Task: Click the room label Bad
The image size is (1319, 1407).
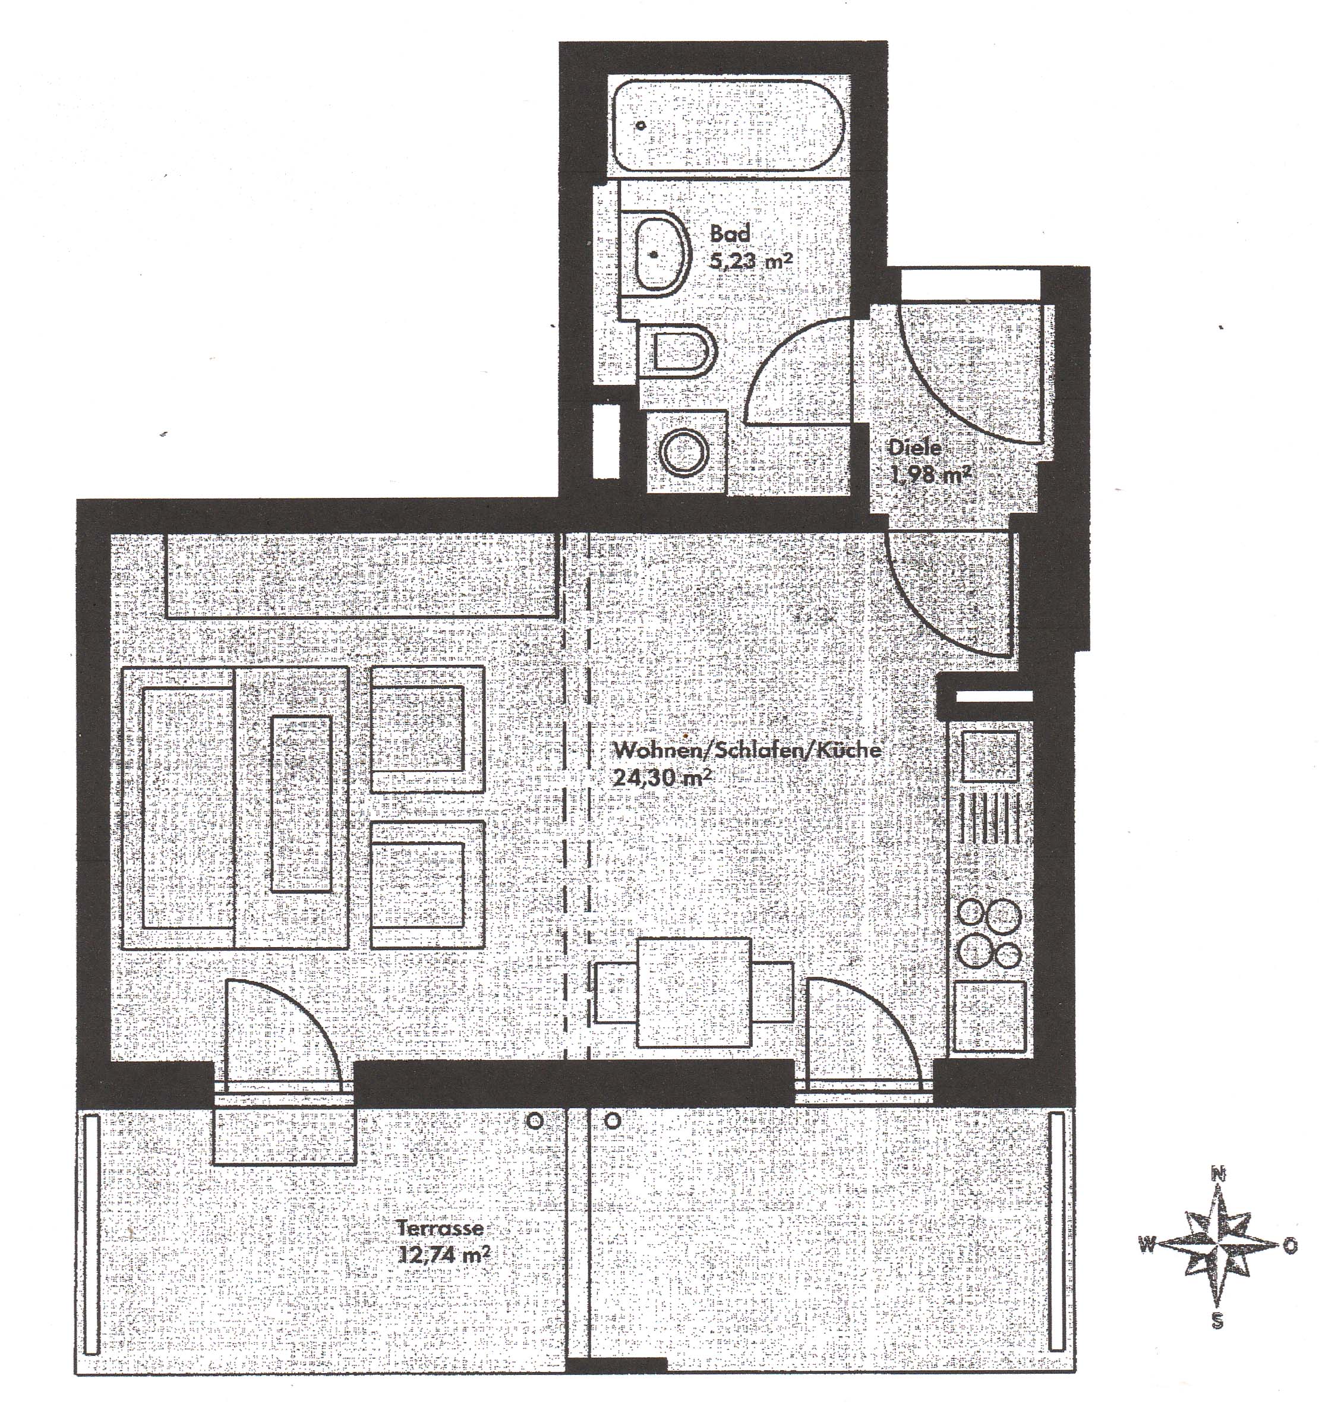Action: pyautogui.click(x=730, y=233)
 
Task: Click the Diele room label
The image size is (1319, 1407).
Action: pyautogui.click(x=915, y=447)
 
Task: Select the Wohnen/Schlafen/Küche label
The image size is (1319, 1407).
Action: pyautogui.click(x=748, y=749)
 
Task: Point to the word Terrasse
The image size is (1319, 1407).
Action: pyautogui.click(x=440, y=1228)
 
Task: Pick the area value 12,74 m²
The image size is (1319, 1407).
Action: pyautogui.click(x=445, y=1255)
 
